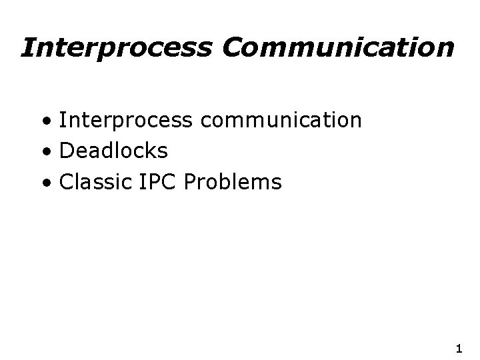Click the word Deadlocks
113,151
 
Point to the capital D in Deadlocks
66,151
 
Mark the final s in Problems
277,181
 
